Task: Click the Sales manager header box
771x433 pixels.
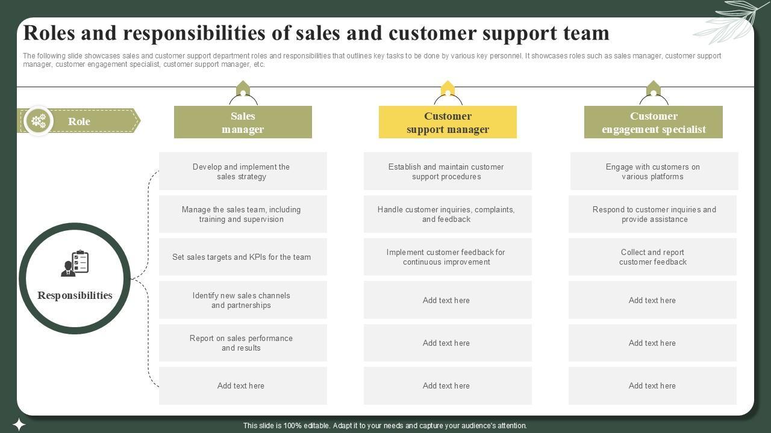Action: [x=243, y=122]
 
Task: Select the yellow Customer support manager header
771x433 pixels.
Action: [x=448, y=122]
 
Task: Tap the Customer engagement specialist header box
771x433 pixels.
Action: [x=654, y=122]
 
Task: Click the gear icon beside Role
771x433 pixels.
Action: [x=39, y=121]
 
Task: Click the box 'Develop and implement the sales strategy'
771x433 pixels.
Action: [x=243, y=171]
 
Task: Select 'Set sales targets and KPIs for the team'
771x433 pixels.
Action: [x=243, y=257]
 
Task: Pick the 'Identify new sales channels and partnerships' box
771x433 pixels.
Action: [x=243, y=300]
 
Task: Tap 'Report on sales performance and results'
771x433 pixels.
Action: [x=243, y=343]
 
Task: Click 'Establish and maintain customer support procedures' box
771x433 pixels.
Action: [x=448, y=171]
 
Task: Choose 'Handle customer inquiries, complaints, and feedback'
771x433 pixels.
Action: [x=448, y=214]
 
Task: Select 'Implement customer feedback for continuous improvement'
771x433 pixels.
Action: [x=448, y=257]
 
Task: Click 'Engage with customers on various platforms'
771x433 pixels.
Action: [x=654, y=171]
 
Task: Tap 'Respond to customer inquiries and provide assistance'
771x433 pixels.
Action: [x=653, y=214]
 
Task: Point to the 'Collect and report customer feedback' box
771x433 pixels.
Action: [x=653, y=257]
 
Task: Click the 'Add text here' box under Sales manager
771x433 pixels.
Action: [x=243, y=385]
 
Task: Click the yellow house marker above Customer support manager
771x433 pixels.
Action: [x=448, y=88]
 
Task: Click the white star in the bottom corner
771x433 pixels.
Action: [x=19, y=425]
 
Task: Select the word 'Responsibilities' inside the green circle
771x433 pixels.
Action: [x=75, y=295]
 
